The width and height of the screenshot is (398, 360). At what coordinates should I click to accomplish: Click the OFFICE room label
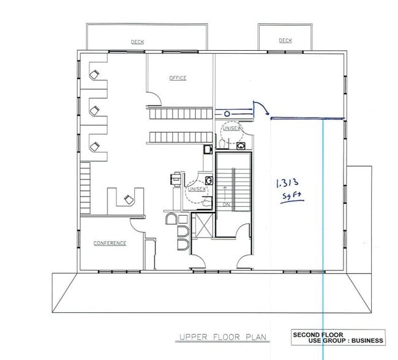click(178, 78)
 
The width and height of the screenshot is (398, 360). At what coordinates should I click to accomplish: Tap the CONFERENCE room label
click(110, 243)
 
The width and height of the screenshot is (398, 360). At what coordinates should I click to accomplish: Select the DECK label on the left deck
click(137, 42)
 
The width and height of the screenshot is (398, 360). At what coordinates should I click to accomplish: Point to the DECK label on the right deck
click(285, 40)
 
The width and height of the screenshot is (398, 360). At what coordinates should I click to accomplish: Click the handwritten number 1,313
click(288, 182)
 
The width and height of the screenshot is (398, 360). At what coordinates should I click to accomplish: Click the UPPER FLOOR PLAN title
click(214, 337)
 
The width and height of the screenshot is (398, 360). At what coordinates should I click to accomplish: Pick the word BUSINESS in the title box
click(365, 340)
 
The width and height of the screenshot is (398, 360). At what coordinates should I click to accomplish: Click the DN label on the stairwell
click(225, 204)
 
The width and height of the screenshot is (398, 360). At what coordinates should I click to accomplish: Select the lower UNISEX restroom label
click(197, 189)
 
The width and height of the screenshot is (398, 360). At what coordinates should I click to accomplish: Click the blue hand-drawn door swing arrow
click(261, 108)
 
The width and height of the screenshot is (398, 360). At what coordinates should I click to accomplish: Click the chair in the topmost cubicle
click(94, 75)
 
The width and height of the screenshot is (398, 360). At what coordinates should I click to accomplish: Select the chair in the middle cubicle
click(94, 110)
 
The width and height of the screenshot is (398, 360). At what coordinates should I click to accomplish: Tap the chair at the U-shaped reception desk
click(128, 199)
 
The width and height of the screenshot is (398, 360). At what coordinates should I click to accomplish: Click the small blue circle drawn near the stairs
click(227, 113)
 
